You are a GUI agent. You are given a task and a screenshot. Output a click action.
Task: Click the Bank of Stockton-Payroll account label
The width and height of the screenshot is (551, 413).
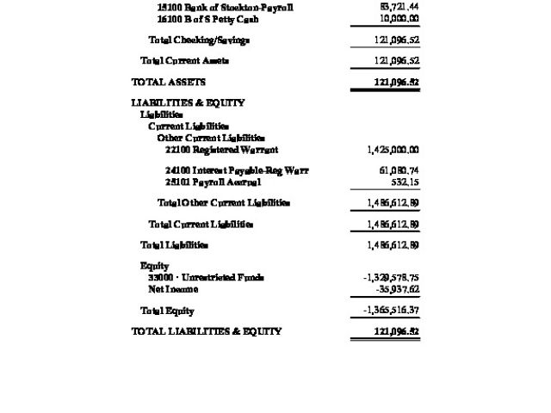[x=225, y=7]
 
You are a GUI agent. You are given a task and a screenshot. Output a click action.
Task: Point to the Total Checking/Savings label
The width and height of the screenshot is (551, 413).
[x=199, y=40]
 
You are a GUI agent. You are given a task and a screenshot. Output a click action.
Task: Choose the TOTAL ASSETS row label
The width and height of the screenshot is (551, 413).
[x=169, y=82]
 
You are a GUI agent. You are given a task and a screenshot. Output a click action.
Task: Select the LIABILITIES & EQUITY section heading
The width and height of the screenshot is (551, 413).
[x=188, y=102]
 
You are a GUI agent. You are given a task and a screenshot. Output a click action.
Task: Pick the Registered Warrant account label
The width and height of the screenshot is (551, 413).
[x=222, y=150]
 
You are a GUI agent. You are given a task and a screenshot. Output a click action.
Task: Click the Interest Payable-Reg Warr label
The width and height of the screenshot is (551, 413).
[x=237, y=170]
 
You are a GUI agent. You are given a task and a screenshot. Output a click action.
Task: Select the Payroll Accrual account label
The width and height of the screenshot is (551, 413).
[x=213, y=182]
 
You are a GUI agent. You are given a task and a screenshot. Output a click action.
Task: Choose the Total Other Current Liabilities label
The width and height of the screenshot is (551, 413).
[x=223, y=203]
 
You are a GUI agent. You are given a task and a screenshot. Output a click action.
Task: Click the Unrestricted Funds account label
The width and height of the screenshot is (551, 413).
[x=206, y=277]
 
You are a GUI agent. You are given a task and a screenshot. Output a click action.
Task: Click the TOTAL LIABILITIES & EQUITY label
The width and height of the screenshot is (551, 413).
[x=207, y=331]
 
